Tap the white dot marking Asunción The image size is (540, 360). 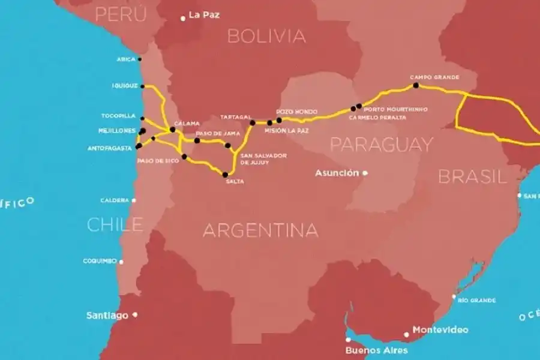[x=365, y=173]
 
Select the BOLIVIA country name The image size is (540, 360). [x=266, y=36]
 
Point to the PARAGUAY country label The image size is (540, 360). [x=381, y=144]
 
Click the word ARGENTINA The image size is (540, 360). [x=260, y=230]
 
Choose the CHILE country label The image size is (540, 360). [x=115, y=224]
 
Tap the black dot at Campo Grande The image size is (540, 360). [x=416, y=85]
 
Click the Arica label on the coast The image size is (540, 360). [x=126, y=59]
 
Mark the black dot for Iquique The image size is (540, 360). [x=143, y=86]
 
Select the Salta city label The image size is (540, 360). [x=235, y=182]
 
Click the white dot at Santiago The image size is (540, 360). [x=135, y=314]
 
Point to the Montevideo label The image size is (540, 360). [x=440, y=330]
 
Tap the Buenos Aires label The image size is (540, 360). [x=376, y=350]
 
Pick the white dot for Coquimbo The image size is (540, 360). [x=121, y=262]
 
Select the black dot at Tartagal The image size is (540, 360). [x=253, y=123]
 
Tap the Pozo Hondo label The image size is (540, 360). [x=292, y=112]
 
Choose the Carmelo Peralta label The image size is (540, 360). [x=377, y=118]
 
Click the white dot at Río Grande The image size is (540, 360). [x=454, y=296]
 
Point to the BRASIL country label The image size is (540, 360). [x=472, y=176]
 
